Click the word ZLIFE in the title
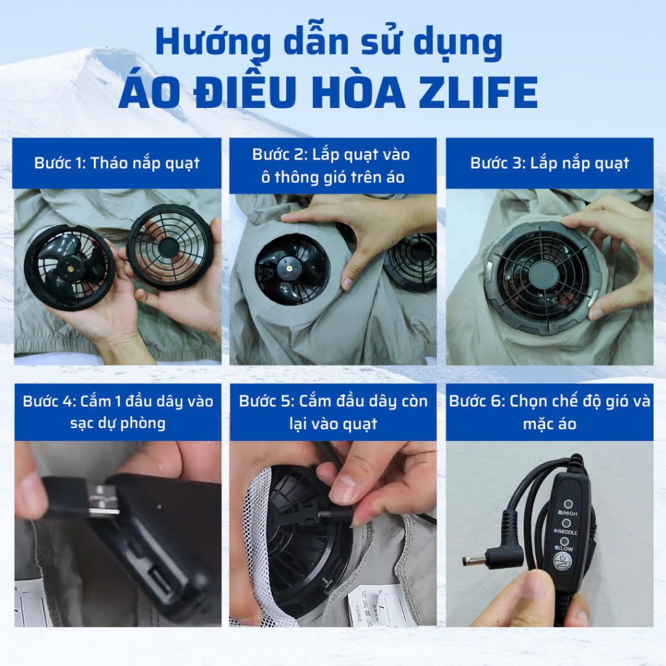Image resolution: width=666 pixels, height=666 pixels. [478, 92]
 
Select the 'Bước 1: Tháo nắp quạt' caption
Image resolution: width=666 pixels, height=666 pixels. [117, 163]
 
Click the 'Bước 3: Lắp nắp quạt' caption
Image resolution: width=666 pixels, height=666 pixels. [549, 163]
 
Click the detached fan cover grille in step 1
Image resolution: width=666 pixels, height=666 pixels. [170, 246]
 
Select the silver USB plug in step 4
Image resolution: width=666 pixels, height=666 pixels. [103, 501]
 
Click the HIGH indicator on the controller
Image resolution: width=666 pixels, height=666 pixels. [568, 505]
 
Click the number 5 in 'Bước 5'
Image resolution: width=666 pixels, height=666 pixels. [287, 401]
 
